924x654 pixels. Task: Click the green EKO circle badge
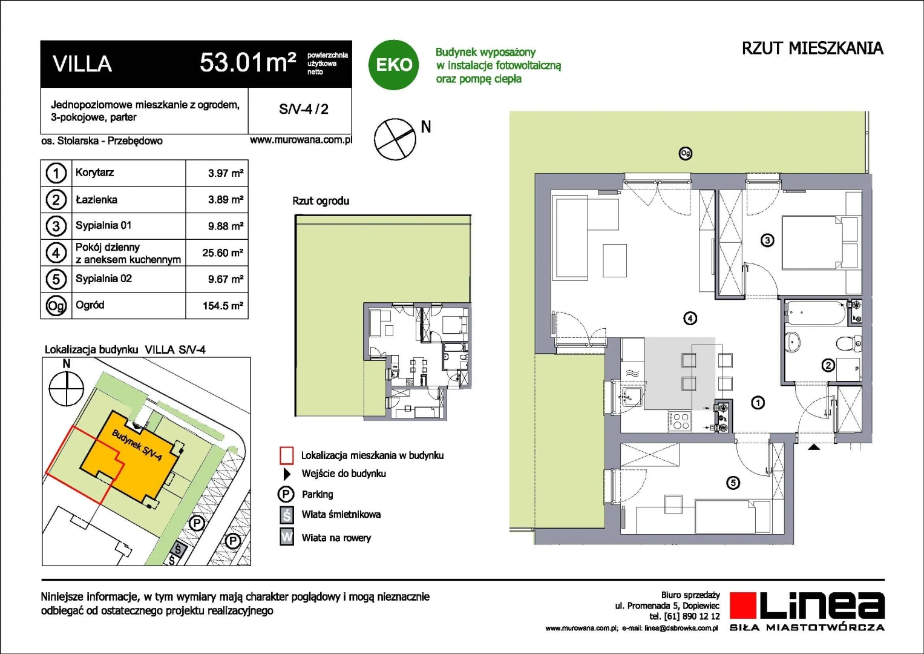pyautogui.click(x=393, y=65)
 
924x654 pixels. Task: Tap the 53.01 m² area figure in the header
pyautogui.click(x=248, y=62)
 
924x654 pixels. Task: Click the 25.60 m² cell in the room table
pyautogui.click(x=222, y=253)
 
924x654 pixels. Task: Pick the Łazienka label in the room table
pyautogui.click(x=97, y=200)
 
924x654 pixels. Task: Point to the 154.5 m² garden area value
pyautogui.click(x=223, y=306)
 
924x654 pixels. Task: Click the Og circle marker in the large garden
pyautogui.click(x=685, y=154)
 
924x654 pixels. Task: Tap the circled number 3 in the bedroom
pyautogui.click(x=767, y=240)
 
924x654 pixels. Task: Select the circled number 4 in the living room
pyautogui.click(x=690, y=319)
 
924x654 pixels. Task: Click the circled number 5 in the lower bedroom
pyautogui.click(x=733, y=483)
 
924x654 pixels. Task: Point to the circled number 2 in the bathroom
pyautogui.click(x=828, y=365)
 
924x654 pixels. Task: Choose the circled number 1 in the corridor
pyautogui.click(x=758, y=403)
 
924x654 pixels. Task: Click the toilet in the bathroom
pyautogui.click(x=850, y=343)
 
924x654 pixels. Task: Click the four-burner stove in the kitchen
pyautogui.click(x=680, y=421)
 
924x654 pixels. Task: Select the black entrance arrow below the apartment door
pyautogui.click(x=813, y=447)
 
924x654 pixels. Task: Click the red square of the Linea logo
pyautogui.click(x=743, y=606)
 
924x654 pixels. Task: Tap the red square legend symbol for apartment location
pyautogui.click(x=287, y=455)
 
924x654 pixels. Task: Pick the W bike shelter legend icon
pyautogui.click(x=287, y=537)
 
